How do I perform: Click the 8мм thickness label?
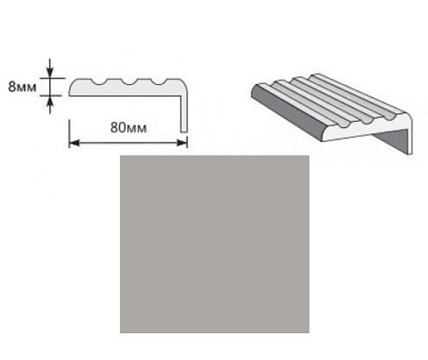[22, 87]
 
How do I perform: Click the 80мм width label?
[128, 127]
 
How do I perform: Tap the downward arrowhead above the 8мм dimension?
[50, 73]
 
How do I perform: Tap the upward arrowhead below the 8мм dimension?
[50, 100]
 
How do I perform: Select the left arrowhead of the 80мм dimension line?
[74, 143]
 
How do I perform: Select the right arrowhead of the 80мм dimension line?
[182, 143]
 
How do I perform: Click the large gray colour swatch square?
[214, 244]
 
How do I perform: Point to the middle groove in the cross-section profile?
[128, 81]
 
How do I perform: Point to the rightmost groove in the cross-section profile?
[158, 81]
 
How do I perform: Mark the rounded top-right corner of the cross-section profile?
[183, 82]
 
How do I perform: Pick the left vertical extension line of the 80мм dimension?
[69, 134]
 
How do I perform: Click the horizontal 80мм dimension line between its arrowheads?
[128, 143]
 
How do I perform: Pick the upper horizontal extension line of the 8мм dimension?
[53, 78]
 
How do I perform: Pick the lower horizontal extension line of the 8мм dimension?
[51, 95]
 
